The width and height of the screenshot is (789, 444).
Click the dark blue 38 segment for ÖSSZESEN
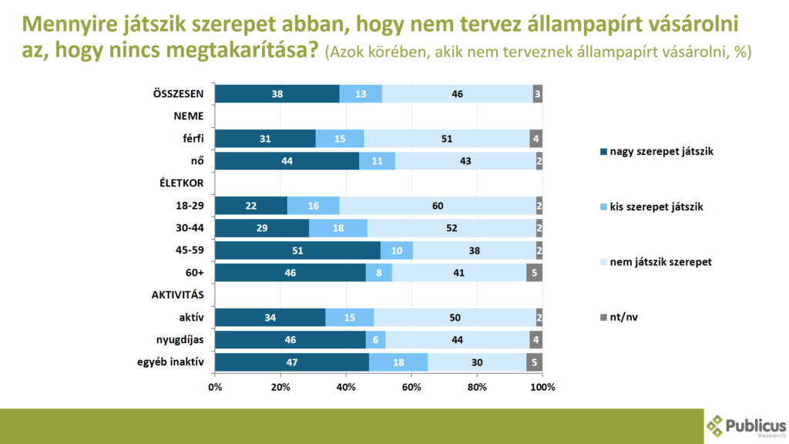[x=277, y=94]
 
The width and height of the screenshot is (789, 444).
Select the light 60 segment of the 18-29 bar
[x=437, y=206]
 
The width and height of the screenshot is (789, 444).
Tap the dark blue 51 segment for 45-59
[x=297, y=251]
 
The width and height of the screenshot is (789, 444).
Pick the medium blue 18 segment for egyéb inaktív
[x=398, y=362]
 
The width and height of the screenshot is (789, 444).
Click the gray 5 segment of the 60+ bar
[x=535, y=273]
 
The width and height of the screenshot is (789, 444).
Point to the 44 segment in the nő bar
[x=287, y=161]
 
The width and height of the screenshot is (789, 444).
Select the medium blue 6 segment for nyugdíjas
[x=375, y=340]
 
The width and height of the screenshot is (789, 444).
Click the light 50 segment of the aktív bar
[x=455, y=318]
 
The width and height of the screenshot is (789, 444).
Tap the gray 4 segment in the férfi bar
[x=536, y=139]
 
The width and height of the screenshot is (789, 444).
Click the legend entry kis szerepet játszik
[x=651, y=207]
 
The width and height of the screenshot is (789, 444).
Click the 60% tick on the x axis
[x=411, y=386]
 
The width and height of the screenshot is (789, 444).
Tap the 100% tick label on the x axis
[x=542, y=386]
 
